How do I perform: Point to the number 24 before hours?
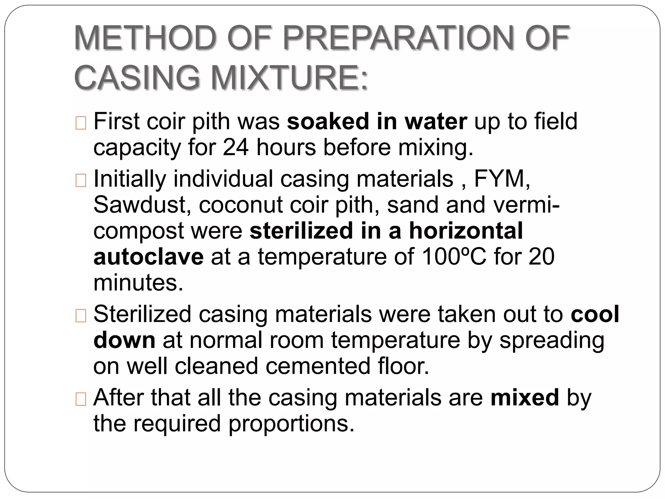(236, 147)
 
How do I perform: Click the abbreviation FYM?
(502, 179)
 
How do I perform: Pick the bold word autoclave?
(148, 257)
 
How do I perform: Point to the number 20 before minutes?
(541, 257)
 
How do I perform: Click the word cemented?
(318, 366)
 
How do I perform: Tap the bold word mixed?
(525, 398)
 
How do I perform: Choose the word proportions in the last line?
(291, 424)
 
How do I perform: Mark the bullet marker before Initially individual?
(81, 181)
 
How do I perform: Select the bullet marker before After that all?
(81, 400)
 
